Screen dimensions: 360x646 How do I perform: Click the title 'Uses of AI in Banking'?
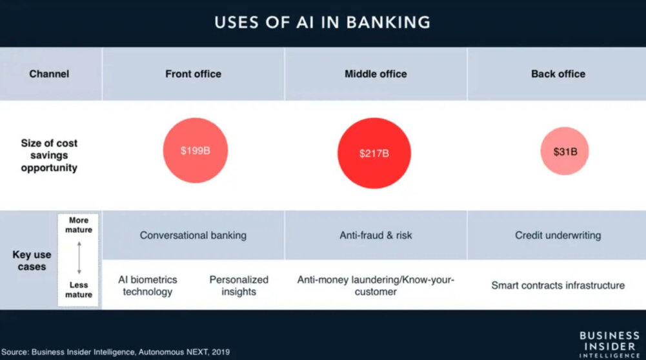tap(323, 22)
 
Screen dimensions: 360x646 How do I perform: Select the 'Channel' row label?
tap(49, 74)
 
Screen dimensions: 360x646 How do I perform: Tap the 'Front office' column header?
tap(193, 74)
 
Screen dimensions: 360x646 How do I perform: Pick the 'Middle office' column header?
tap(376, 74)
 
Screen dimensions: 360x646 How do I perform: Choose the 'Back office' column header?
tap(558, 74)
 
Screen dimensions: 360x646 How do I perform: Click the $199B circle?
tap(195, 151)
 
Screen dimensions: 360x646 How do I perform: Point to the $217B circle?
tap(374, 154)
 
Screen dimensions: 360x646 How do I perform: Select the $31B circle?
tap(565, 152)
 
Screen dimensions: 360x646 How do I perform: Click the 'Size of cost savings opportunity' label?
tap(49, 155)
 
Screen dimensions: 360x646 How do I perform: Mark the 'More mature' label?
tap(79, 225)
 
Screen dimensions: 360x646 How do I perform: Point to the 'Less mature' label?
tap(79, 290)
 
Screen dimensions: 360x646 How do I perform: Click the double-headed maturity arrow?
tap(79, 257)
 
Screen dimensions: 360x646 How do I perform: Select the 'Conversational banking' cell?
tap(193, 235)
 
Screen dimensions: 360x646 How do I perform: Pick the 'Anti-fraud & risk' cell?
tap(376, 235)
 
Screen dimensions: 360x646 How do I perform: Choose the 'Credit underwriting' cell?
tap(558, 235)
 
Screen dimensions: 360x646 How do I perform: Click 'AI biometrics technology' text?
tap(148, 285)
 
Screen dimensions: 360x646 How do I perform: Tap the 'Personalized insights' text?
tap(239, 285)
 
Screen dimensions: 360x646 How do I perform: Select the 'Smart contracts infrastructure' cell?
tap(558, 285)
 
